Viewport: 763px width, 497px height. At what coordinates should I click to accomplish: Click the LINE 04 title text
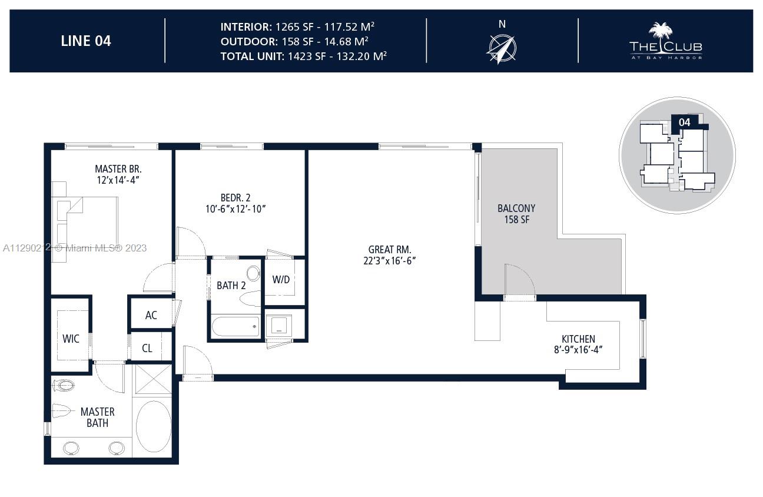tap(86, 41)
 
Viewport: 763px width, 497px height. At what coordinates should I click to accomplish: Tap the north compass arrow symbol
tap(502, 49)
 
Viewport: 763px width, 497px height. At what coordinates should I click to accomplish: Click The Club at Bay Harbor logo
tap(666, 41)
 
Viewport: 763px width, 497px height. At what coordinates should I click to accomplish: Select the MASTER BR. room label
tap(118, 168)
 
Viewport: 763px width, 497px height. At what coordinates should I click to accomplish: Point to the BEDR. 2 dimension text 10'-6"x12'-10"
tap(235, 209)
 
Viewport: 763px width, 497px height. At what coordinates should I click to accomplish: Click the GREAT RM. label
tap(390, 249)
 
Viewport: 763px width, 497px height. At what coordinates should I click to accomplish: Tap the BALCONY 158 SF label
tap(516, 214)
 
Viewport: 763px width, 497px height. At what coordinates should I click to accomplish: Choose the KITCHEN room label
tap(578, 339)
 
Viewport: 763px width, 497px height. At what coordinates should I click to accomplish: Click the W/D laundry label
tap(281, 280)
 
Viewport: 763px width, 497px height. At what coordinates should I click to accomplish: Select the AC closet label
tap(151, 315)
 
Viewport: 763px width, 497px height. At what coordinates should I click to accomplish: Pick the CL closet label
tap(147, 348)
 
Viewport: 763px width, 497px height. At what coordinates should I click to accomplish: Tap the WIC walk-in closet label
tap(71, 339)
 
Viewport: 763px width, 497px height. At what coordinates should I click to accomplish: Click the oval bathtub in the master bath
tap(153, 426)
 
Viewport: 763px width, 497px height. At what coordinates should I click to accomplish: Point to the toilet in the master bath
tap(64, 386)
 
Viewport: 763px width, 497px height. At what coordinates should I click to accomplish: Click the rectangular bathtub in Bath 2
tap(235, 326)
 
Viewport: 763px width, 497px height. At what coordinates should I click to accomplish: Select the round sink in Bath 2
tap(253, 273)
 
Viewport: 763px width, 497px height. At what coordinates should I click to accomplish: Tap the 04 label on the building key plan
tap(684, 122)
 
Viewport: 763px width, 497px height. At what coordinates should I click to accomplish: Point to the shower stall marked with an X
tap(153, 379)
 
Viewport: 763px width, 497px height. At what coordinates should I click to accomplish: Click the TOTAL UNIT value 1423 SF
tap(307, 56)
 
